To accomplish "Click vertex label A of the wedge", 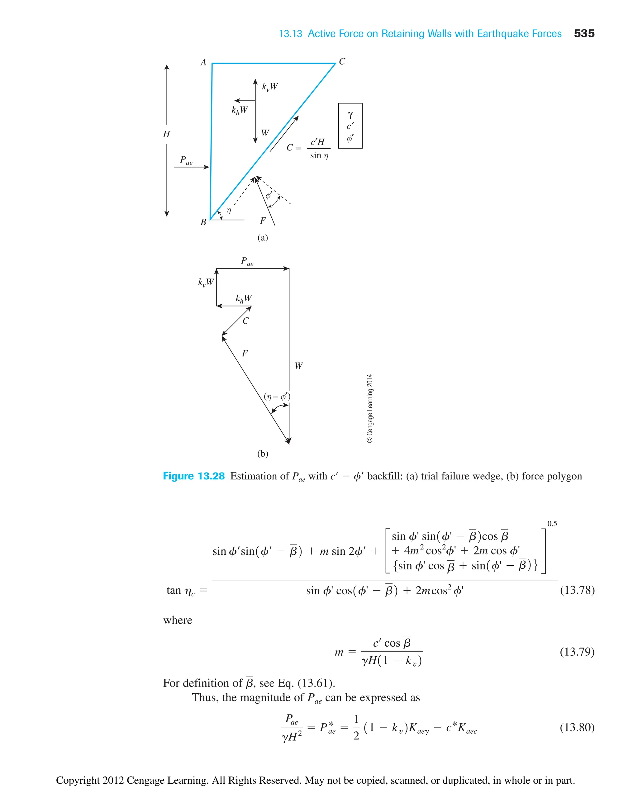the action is point(203,63).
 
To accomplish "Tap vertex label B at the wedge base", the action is point(203,222).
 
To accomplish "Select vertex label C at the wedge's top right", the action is point(342,61).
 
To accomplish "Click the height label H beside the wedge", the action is point(166,134).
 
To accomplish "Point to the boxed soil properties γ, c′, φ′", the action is point(350,126).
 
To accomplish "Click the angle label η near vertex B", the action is point(229,211).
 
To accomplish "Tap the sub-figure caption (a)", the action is point(262,238).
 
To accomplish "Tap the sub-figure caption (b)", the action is point(262,454).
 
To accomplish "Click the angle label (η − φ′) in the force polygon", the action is point(277,397).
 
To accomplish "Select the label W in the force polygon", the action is point(298,366).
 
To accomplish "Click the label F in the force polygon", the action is point(245,354).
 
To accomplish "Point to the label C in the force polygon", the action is point(245,321).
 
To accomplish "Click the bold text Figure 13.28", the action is point(194,476).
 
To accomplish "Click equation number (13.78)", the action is point(577,590).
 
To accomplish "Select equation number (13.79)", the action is point(577,652).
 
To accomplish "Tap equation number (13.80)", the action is point(577,727).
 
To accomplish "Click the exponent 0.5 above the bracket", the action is point(552,524).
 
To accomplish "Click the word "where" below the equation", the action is point(178,620).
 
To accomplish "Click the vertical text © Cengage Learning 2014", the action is point(370,409).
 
